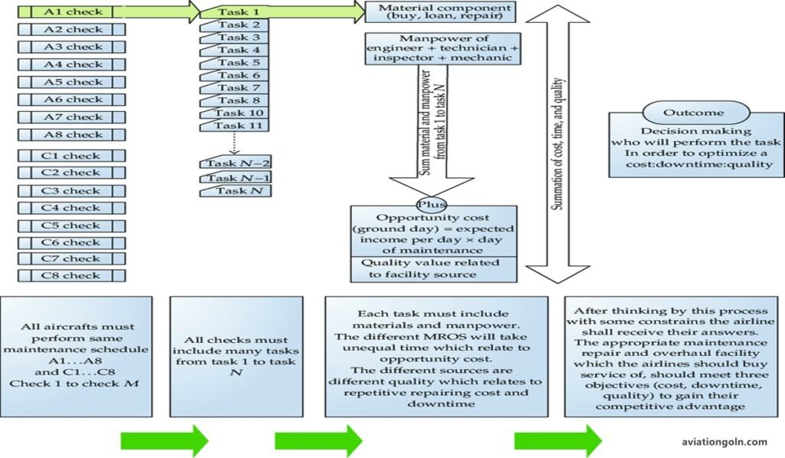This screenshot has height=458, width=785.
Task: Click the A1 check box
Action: coord(71,12)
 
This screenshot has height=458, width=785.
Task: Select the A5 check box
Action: coord(71,82)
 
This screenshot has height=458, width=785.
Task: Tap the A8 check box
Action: coord(71,135)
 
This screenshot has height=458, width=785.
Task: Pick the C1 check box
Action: coord(71,156)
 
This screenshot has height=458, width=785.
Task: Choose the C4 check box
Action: coord(71,209)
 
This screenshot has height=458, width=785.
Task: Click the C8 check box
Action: coord(71,275)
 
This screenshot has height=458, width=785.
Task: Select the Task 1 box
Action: coord(238,12)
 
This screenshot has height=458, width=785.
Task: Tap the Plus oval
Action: coord(426,205)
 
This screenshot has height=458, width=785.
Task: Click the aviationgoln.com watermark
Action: coord(724,442)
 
